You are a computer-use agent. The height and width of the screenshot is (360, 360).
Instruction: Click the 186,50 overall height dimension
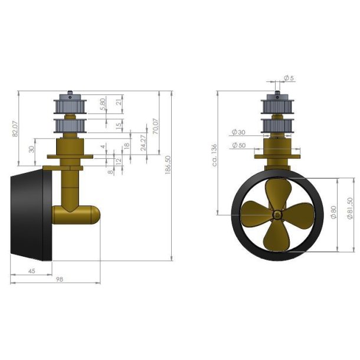point(168,165)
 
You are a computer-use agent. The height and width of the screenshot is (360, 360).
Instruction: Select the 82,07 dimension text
point(15,129)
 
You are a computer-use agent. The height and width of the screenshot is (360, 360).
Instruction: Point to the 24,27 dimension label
point(142,143)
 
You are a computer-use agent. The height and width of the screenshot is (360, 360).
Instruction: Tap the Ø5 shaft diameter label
point(289,78)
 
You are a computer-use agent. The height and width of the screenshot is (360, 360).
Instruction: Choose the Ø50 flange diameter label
point(238,145)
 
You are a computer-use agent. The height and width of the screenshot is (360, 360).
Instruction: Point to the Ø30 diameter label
point(238,132)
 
